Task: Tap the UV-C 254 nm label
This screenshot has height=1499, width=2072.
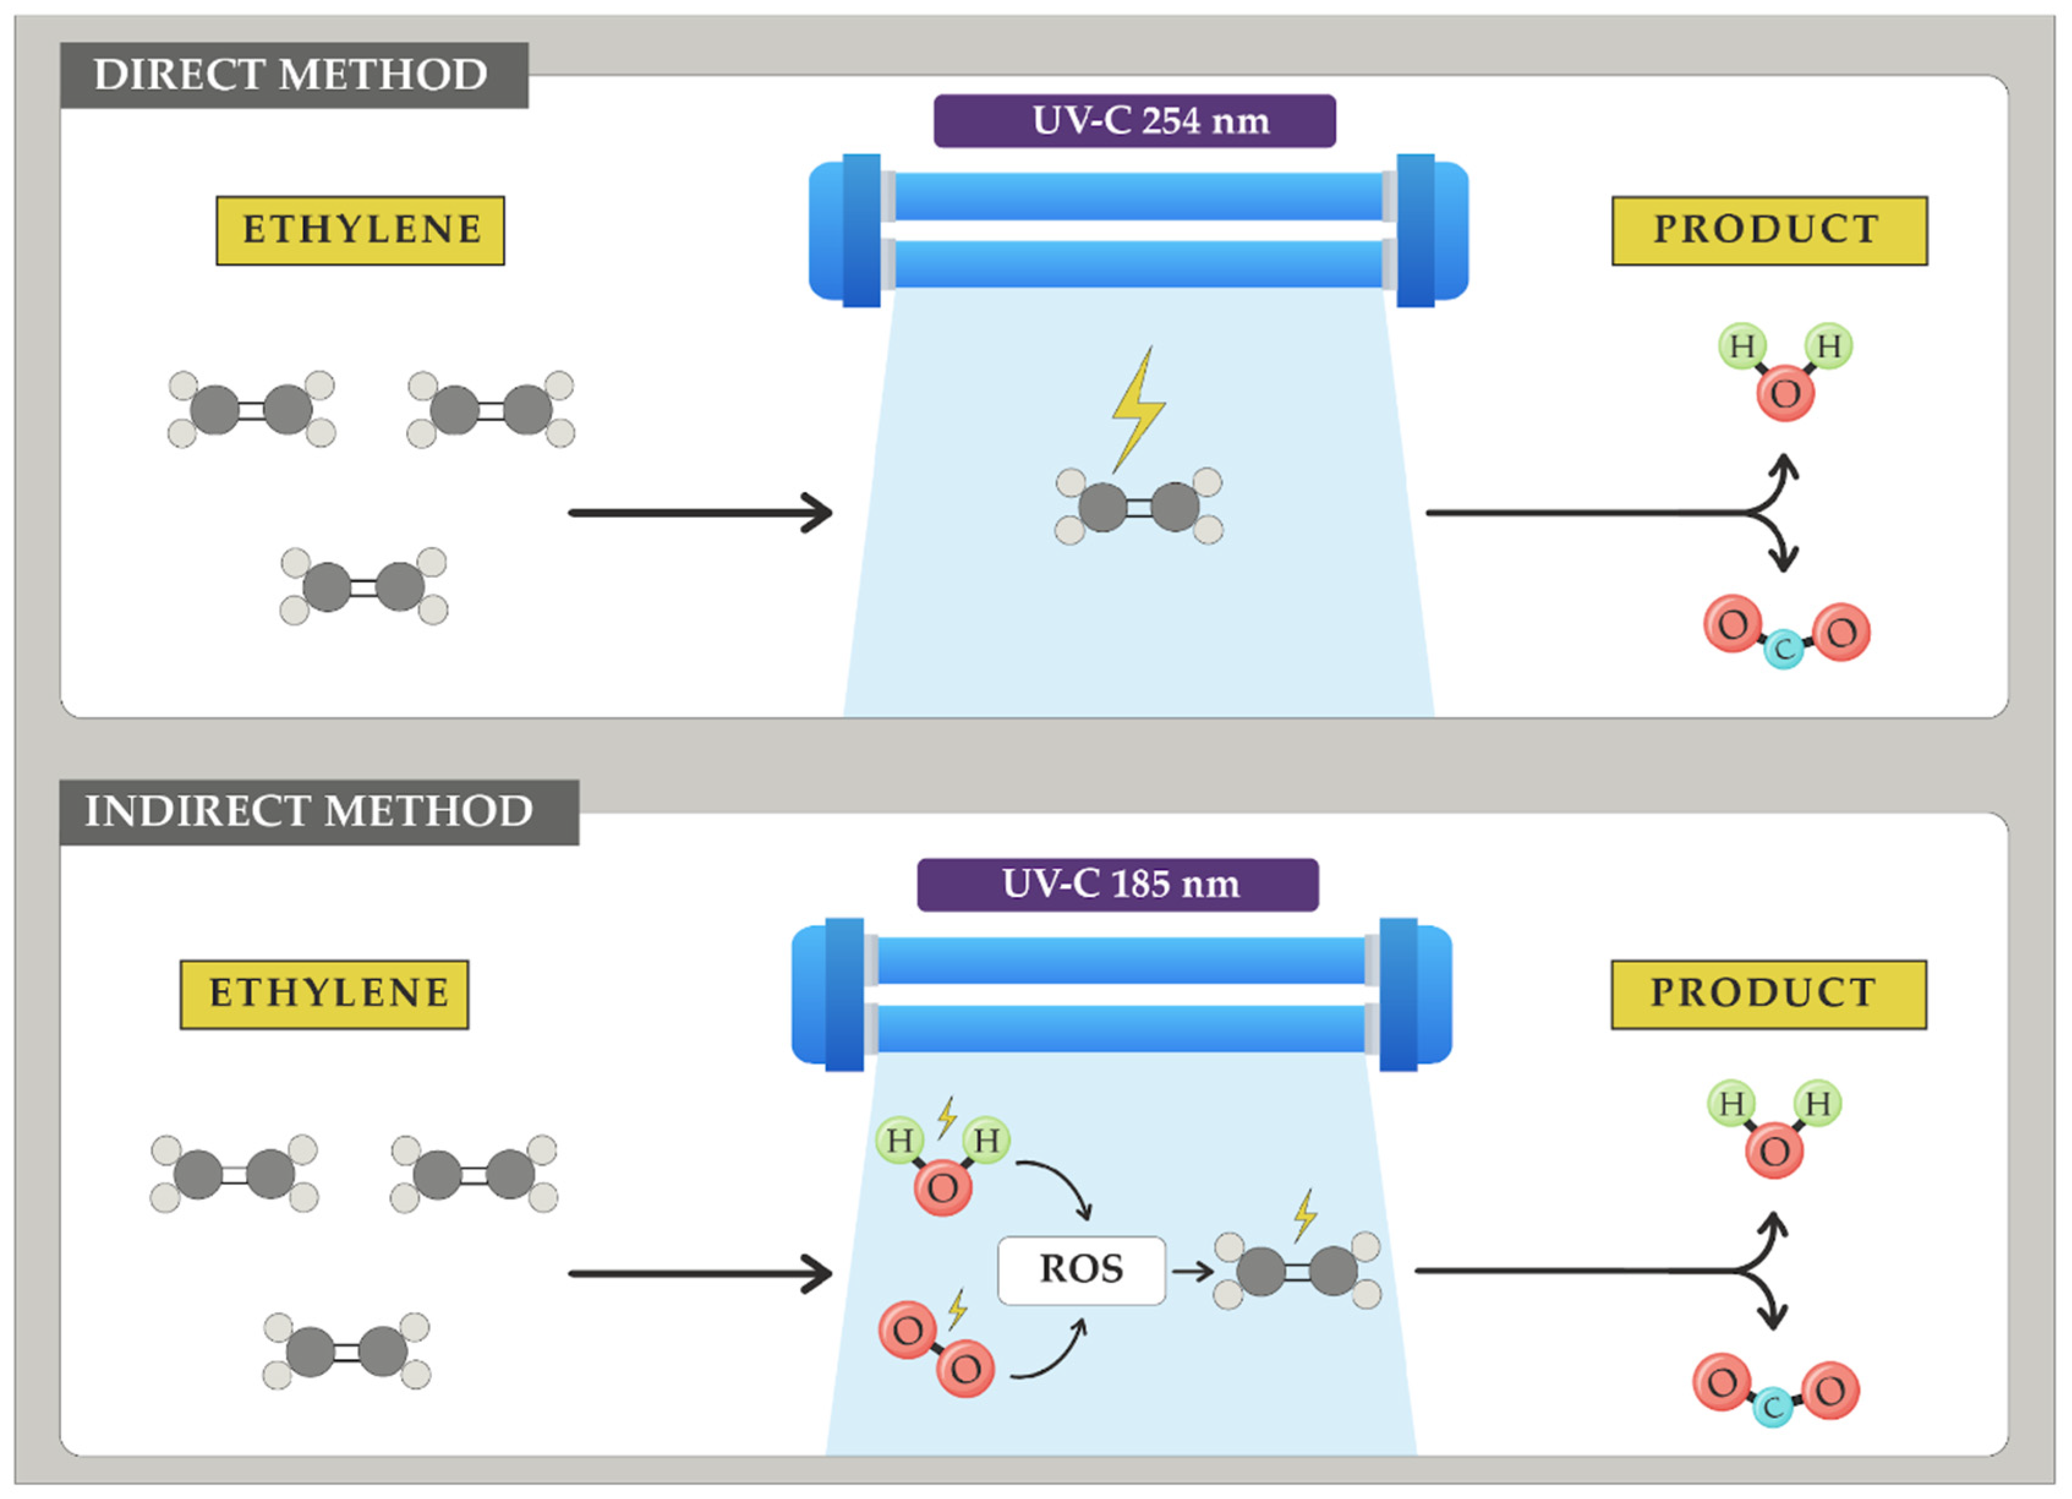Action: (x=1134, y=121)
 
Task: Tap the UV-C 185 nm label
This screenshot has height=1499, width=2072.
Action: (x=1117, y=884)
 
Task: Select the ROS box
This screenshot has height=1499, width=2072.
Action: (x=1081, y=1270)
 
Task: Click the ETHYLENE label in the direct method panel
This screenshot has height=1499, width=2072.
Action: (x=360, y=230)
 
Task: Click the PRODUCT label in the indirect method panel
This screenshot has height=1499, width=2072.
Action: (x=1768, y=994)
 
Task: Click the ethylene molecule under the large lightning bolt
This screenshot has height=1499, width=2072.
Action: (x=1138, y=507)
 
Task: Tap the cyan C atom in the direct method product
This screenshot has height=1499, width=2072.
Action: (x=1783, y=650)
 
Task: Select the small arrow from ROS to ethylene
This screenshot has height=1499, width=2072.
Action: (x=1192, y=1271)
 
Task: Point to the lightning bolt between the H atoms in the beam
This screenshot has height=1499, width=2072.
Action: (x=946, y=1118)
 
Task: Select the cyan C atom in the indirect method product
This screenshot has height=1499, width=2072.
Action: (x=1772, y=1407)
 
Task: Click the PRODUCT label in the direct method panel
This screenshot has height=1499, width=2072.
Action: (x=1769, y=230)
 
